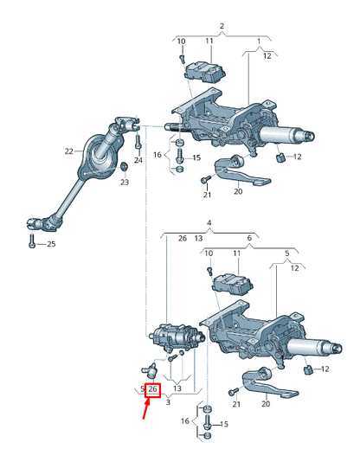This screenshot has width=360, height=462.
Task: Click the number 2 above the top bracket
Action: pos(221,27)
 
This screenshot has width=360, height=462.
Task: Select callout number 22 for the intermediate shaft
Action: pos(69,151)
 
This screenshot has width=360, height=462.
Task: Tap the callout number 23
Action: pos(124,183)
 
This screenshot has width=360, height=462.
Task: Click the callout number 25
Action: pos(50,245)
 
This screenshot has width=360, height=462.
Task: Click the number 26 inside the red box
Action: pos(152,390)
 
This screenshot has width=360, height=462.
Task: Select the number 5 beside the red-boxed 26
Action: pos(142,390)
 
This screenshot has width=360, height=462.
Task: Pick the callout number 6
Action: pos(250,238)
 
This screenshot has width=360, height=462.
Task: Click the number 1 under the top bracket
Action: pos(257,42)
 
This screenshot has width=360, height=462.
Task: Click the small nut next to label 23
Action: pos(124,166)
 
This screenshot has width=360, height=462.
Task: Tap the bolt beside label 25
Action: pos(32,243)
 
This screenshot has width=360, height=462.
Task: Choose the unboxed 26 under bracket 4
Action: pos(182,238)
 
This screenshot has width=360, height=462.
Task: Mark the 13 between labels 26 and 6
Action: pos(198,238)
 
